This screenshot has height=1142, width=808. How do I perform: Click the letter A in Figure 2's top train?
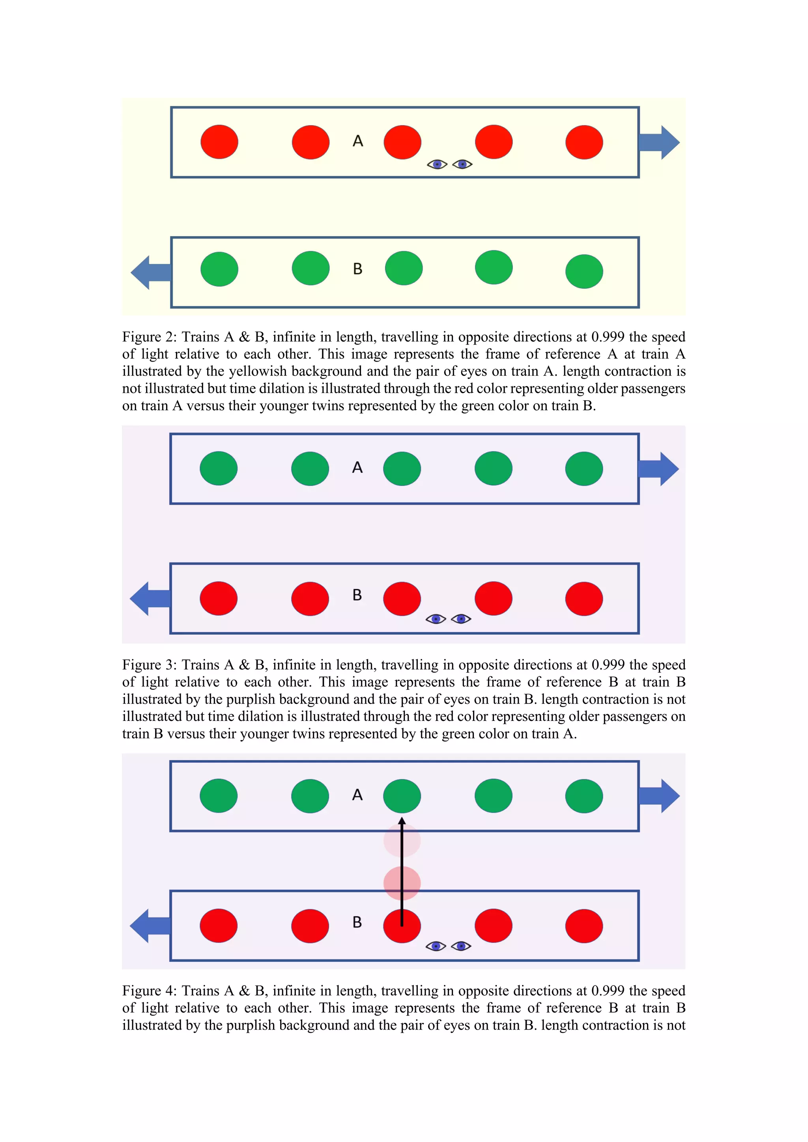[x=358, y=141]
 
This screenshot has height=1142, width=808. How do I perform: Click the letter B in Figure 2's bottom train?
[x=357, y=269]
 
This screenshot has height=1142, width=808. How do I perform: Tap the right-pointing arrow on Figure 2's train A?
[x=659, y=142]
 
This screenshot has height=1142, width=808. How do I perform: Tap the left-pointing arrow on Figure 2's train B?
[x=150, y=272]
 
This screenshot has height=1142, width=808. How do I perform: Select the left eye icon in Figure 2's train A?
[x=437, y=164]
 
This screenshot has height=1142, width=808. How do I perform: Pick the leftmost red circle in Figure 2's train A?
[x=219, y=142]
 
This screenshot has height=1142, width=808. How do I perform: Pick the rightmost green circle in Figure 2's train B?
[x=584, y=272]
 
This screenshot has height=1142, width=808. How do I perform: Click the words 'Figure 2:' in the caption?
[x=149, y=337]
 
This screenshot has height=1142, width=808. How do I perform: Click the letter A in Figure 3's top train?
[x=357, y=468]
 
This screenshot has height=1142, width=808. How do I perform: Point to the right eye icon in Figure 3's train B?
[x=461, y=619]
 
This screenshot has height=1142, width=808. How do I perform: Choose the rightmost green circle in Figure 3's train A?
[x=584, y=468]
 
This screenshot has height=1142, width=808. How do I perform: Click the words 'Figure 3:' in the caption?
[x=149, y=665]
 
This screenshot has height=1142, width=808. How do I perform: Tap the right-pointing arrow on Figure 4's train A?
[x=659, y=796]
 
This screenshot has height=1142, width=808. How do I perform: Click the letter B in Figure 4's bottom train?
[x=357, y=922]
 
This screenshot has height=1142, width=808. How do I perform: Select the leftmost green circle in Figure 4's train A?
[x=219, y=796]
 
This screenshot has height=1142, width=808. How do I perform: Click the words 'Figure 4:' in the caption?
[x=149, y=991]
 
